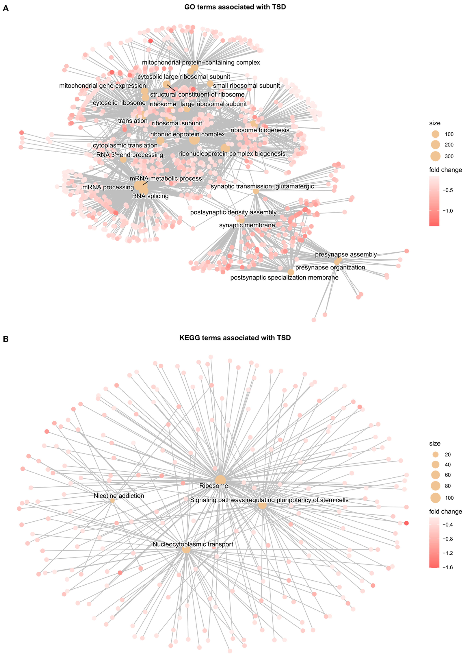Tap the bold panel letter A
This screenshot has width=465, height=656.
6,8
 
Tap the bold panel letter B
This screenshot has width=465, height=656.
6,339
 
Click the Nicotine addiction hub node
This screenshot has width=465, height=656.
112,501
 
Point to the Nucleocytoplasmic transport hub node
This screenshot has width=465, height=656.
186,549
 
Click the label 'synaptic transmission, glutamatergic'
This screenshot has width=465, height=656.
262,186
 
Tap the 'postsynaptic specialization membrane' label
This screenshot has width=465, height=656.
284,278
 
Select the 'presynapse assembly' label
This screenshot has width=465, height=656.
346,254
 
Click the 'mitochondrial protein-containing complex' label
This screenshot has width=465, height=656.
201,62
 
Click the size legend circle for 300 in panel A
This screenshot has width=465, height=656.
435,156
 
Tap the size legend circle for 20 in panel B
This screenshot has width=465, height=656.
435,455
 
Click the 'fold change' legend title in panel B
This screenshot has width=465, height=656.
445,512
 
